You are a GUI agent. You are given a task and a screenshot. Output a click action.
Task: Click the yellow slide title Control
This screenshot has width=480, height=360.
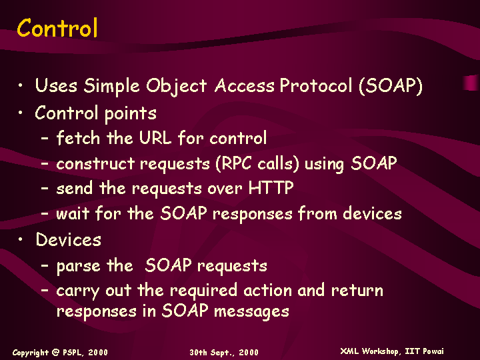[x=57, y=27]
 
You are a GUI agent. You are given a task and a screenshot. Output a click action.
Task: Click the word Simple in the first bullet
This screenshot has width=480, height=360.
[x=112, y=86]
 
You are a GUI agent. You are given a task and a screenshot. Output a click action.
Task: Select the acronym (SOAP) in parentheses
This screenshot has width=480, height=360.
[x=391, y=85]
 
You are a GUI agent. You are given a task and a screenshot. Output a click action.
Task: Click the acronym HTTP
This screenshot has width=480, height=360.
[x=271, y=187]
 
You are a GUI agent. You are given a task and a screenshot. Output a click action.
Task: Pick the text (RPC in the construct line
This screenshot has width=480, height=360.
[x=233, y=163]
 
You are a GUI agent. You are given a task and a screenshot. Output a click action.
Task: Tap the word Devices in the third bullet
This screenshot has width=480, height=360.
[x=68, y=239]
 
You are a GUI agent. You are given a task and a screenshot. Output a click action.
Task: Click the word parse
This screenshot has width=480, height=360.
[x=79, y=266]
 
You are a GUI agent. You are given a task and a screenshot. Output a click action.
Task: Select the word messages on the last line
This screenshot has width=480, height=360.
[x=251, y=311]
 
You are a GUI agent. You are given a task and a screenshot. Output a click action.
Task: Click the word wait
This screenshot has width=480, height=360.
[x=73, y=213]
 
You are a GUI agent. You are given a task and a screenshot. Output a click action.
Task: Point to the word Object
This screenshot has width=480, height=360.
[x=176, y=86]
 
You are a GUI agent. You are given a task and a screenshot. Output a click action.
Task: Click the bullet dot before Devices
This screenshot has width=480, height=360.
[x=20, y=239]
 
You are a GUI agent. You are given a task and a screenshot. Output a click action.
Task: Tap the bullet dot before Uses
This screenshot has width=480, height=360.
[x=20, y=85]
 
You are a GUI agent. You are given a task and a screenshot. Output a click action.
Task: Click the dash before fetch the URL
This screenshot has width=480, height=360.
[x=45, y=138]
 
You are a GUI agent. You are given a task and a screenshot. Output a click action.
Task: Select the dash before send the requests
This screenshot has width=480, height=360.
[x=45, y=188]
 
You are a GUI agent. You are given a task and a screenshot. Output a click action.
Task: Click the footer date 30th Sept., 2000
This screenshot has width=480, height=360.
[x=224, y=353]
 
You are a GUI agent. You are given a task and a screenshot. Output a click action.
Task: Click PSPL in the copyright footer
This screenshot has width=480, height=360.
[x=73, y=353]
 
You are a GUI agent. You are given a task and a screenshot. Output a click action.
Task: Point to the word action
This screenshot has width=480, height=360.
[x=268, y=290]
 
